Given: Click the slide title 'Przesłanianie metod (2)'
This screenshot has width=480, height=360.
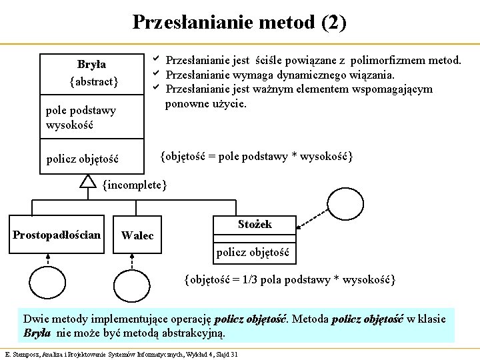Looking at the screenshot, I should (x=239, y=22).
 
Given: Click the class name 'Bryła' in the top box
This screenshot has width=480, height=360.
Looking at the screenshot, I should (x=91, y=65).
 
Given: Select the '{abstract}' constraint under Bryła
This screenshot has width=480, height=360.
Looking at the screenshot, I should (x=93, y=81).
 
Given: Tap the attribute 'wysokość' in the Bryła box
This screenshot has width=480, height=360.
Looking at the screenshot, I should (x=69, y=125).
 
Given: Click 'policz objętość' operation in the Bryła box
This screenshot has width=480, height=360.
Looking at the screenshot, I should (x=82, y=159).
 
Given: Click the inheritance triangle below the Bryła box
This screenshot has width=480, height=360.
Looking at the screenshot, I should (x=88, y=181).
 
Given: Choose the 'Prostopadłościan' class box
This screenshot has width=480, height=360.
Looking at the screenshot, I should (x=57, y=235).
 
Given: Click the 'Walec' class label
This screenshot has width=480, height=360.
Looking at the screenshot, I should (x=137, y=235).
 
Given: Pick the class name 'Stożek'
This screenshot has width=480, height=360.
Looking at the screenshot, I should (x=255, y=225).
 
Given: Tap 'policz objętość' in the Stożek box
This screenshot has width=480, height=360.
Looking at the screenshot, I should (x=253, y=252).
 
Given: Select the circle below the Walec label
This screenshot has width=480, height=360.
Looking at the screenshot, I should (x=132, y=287).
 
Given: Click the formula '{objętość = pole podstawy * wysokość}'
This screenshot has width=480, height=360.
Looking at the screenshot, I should (x=256, y=156).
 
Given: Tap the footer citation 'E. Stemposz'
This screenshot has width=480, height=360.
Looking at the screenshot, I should (x=22, y=353).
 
